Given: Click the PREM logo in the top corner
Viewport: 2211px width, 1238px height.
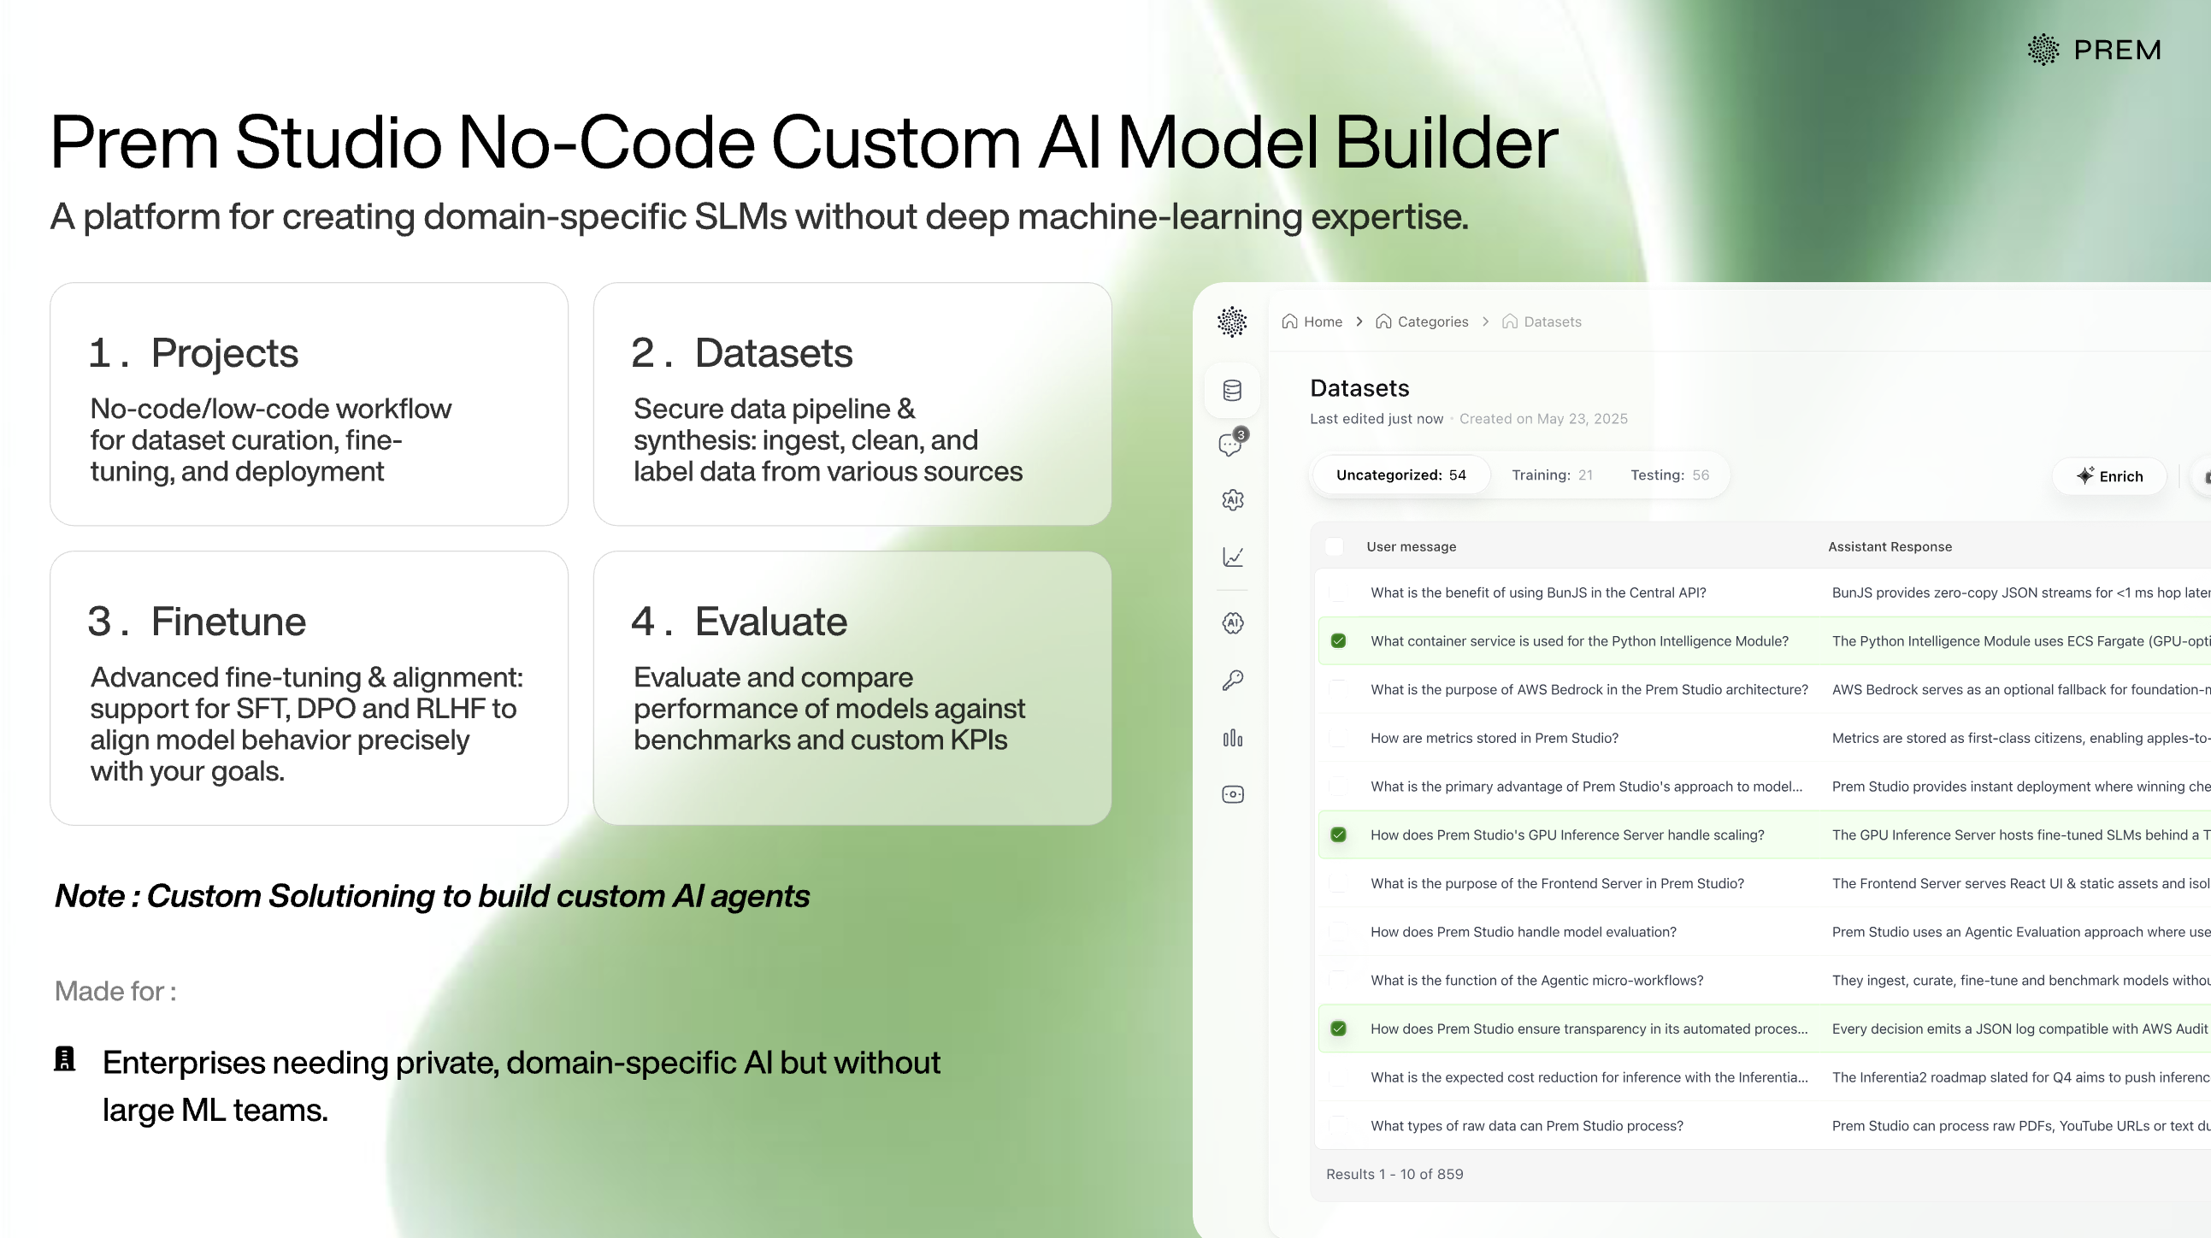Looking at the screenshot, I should (2094, 50).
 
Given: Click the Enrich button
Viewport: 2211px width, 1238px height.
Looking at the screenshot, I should (2110, 476).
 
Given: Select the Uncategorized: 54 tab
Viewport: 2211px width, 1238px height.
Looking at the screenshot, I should (1400, 475).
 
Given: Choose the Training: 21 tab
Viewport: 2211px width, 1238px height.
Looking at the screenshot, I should (1551, 475).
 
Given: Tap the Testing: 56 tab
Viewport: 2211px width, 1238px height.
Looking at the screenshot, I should (1670, 475).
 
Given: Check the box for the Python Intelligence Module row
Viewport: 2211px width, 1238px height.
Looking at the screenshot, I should (1338, 641).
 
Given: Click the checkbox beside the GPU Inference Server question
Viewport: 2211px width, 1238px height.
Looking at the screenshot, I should (1338, 835).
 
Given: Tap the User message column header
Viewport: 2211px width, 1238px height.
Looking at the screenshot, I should (1411, 547).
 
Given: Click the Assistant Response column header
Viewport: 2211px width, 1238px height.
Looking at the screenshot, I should (1890, 547).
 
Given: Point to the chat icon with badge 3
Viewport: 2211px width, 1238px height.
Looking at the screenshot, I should (1232, 444).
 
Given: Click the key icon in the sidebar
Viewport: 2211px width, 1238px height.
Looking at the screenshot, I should (1233, 681).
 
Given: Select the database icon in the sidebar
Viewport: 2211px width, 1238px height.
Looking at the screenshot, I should (1233, 391).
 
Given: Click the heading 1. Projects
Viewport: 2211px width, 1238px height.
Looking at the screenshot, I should (194, 353).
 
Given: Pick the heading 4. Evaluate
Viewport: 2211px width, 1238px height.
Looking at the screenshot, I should (739, 622).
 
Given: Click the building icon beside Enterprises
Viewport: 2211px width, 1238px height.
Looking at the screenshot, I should (65, 1059).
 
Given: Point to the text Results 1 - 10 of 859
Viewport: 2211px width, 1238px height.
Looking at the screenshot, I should (1394, 1175).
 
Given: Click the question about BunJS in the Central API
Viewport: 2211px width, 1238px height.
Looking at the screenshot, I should (1537, 593).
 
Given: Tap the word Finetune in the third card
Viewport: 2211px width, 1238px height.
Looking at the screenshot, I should (228, 622).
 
